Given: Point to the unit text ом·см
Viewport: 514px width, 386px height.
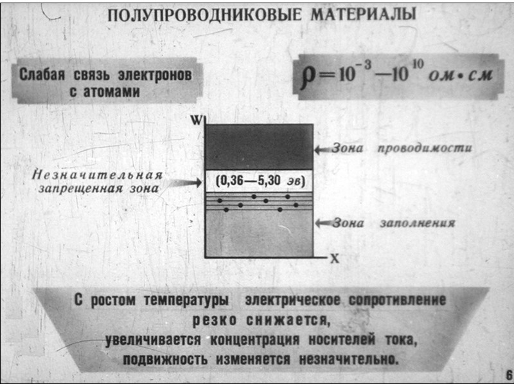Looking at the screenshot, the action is (x=461, y=76).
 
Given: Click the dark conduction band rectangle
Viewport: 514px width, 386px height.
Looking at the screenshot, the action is (x=258, y=147).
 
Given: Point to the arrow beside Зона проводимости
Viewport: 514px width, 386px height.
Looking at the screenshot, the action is (x=321, y=149).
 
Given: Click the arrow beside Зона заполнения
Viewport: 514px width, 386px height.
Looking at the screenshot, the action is (x=321, y=223).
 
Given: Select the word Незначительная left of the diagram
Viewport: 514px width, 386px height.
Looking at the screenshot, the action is (x=97, y=174).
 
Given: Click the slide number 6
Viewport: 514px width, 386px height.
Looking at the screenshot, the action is (x=508, y=375).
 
